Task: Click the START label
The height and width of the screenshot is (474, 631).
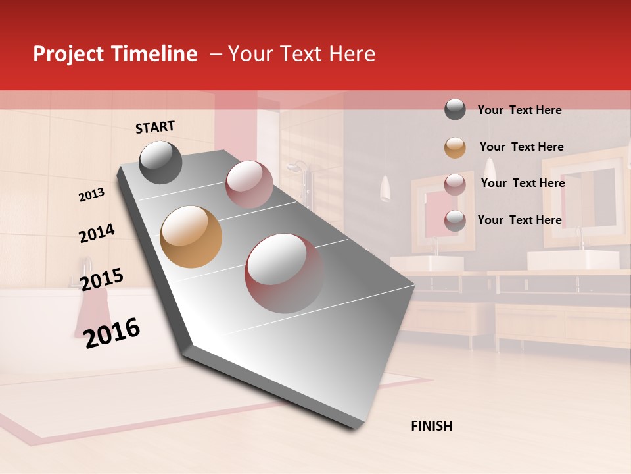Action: point(155,127)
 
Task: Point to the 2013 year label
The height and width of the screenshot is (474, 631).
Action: point(91,194)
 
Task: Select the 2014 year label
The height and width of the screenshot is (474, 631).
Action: point(97,234)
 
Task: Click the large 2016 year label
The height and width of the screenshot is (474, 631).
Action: point(112,334)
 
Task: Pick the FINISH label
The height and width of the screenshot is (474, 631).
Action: point(432,426)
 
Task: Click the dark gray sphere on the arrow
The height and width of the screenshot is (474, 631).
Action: point(161,162)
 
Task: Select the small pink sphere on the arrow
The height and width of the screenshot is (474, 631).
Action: point(249,184)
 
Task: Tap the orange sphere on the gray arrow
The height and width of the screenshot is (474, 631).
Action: point(191,237)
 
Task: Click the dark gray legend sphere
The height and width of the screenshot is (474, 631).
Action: point(455,110)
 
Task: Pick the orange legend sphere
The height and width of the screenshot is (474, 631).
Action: point(455,147)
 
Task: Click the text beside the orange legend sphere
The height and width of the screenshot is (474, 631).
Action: point(521,147)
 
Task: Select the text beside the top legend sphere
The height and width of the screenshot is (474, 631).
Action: point(519,110)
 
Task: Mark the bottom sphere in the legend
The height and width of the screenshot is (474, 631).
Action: point(455,221)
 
